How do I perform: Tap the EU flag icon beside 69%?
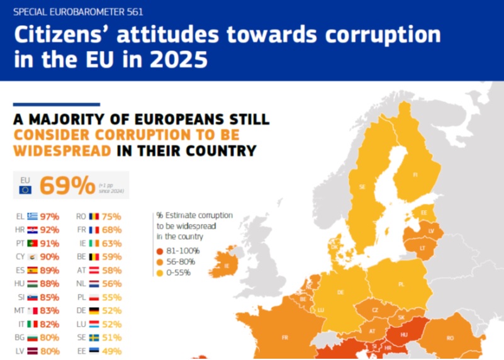coord(25,189)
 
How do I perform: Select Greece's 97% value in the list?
coord(50,217)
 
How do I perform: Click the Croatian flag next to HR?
coord(33,230)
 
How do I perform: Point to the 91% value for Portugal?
coord(50,243)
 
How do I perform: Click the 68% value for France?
coord(113,230)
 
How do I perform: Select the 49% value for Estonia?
coord(113,351)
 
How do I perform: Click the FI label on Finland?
coord(415,175)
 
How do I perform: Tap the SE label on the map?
coord(362,187)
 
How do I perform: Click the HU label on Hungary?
coord(403,334)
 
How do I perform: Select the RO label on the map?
coord(450,338)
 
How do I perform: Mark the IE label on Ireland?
coord(227,266)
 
